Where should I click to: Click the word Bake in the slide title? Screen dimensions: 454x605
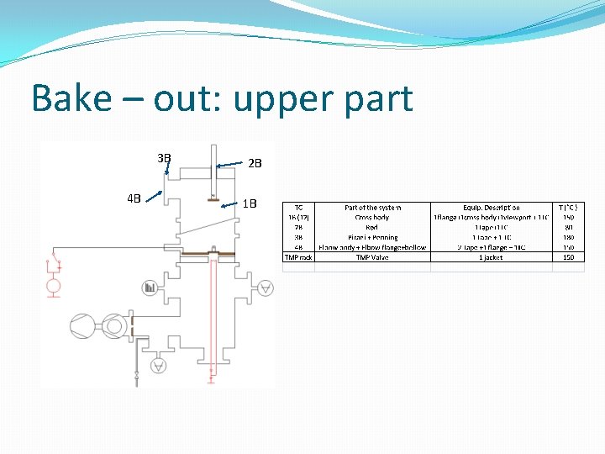(x=71, y=98)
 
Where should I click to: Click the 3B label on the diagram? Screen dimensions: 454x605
(x=164, y=157)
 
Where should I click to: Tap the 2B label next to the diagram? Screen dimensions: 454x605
(x=255, y=163)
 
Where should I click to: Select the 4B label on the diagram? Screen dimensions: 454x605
(x=134, y=199)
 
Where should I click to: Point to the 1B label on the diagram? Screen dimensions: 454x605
(x=250, y=203)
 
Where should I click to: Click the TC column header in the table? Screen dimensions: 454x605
(x=298, y=207)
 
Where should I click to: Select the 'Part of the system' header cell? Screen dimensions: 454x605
(x=372, y=207)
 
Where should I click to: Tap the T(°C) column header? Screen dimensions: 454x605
(x=568, y=207)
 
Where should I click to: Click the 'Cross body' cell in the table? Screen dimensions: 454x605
(x=372, y=217)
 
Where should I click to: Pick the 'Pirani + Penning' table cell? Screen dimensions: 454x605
(x=372, y=237)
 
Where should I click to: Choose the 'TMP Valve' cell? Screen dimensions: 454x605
(x=372, y=257)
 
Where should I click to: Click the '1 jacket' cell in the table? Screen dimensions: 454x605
(x=491, y=257)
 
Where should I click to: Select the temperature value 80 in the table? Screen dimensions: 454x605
(x=568, y=227)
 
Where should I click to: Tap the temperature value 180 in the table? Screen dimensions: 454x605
(x=568, y=237)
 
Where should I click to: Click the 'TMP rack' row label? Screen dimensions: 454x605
(x=298, y=257)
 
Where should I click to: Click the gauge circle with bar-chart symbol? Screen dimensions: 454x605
(x=150, y=287)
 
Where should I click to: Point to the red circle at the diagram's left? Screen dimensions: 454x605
(x=54, y=286)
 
